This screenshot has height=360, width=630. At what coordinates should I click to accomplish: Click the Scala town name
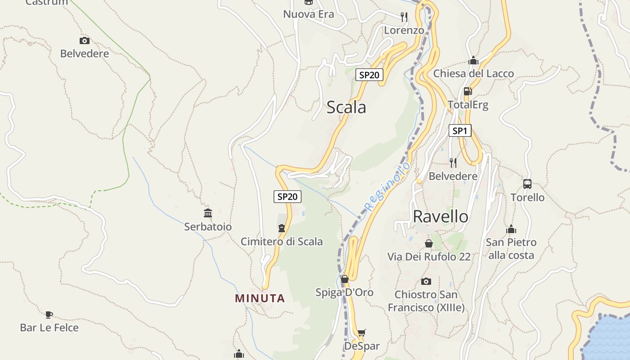pos(346,108)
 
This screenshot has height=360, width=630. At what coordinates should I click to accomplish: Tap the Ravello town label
pos(440,216)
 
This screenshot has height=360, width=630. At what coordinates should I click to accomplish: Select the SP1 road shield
pos(459,131)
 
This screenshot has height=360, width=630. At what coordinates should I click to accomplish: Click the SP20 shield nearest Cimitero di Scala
pos(288,197)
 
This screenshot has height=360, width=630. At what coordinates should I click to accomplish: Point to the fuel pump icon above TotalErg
pos(468,91)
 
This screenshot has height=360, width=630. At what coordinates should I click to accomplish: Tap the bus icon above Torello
pos(527,184)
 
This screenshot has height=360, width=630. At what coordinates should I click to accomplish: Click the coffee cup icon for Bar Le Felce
pos(49,315)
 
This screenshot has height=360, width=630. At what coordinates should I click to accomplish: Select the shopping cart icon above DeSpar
pos(361,333)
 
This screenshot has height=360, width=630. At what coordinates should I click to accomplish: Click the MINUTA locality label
pos(260,298)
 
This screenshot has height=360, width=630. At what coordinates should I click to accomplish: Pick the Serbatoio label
pos(208,227)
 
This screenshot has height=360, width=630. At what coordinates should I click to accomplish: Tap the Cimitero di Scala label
pos(282,242)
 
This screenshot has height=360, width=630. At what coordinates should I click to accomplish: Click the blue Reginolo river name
pos(387,186)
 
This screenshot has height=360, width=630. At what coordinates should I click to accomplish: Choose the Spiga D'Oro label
pos(344,292)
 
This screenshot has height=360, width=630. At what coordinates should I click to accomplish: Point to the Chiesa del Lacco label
pos(473,73)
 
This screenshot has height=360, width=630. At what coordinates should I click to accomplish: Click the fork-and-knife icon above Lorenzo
pos(404,17)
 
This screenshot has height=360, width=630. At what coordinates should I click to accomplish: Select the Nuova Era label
pos(309,14)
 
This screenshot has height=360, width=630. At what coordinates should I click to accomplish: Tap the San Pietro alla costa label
pos(511,249)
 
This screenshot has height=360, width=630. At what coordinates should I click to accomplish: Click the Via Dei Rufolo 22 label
pos(429,256)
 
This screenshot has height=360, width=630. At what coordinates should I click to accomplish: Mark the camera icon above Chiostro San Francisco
pos(426,282)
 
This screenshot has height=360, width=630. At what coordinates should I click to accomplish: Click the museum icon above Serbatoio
pos(208,213)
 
